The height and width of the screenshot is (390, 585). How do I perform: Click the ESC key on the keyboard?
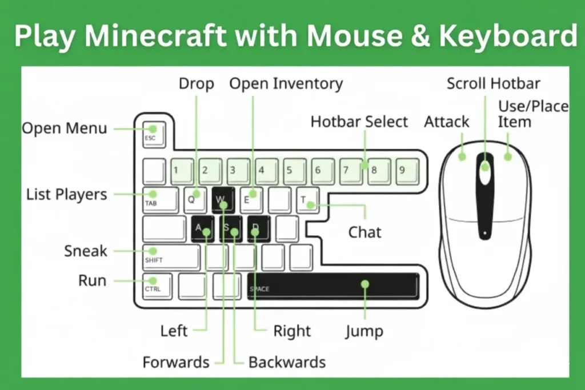click(153, 135)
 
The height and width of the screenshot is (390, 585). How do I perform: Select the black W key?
click(223, 199)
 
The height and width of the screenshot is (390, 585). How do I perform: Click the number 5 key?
click(295, 171)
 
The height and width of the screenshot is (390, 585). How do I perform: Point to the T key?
click(307, 199)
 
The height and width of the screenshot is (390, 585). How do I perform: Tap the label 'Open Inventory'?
click(286, 84)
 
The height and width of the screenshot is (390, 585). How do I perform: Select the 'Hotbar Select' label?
click(359, 122)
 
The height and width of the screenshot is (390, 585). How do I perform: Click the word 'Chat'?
click(365, 232)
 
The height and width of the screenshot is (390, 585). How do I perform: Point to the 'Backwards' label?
click(287, 362)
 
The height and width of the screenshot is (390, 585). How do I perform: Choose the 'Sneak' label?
click(86, 251)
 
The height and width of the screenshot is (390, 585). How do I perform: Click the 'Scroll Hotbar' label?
click(493, 84)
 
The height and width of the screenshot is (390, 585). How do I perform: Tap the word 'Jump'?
click(364, 331)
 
